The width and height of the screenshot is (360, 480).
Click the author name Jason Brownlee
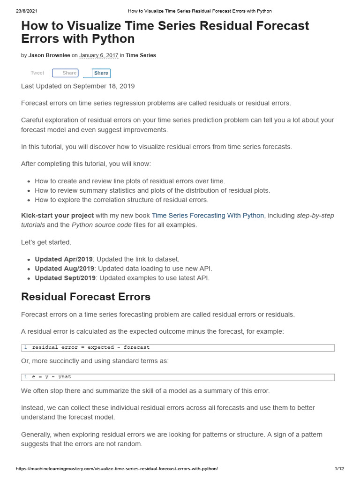click(49, 55)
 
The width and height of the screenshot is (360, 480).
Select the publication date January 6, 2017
click(98, 55)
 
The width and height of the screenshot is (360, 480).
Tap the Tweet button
click(37, 73)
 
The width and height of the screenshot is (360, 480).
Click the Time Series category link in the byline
click(141, 55)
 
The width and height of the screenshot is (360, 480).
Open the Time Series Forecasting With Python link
click(208, 216)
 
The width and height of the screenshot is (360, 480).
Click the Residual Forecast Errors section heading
click(86, 297)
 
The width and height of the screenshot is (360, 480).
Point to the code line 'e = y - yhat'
click(52, 377)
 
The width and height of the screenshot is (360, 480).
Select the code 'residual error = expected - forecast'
click(91, 347)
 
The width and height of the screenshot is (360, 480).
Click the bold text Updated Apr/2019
click(64, 259)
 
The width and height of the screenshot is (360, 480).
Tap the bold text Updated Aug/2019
click(65, 269)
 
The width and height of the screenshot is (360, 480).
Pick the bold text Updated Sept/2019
click(66, 278)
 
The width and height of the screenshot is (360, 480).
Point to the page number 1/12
click(339, 469)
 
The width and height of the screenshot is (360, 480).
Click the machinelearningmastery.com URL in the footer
click(117, 469)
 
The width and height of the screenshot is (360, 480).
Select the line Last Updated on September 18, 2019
click(78, 86)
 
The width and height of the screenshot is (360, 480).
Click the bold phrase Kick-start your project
click(57, 216)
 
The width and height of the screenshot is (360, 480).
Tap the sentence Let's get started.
click(46, 242)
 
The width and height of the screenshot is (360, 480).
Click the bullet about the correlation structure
click(121, 200)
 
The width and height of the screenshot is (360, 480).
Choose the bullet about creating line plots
click(130, 181)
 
